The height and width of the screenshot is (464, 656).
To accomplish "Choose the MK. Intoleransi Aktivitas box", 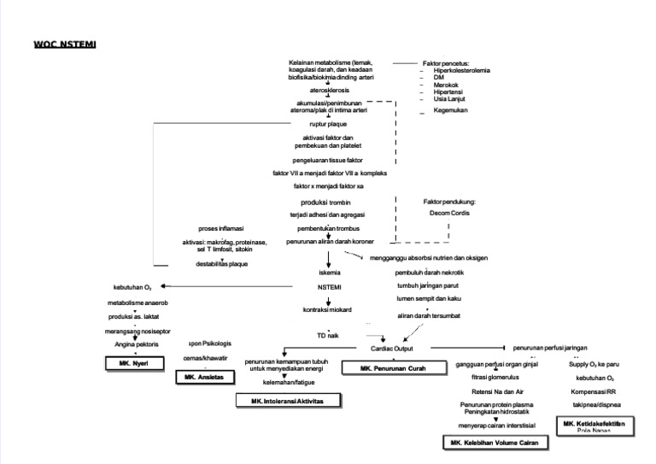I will tap(289, 400).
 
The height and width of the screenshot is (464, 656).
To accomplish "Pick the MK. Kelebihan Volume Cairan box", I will tap(495, 443).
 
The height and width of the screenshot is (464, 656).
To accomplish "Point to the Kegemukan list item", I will tap(450, 110).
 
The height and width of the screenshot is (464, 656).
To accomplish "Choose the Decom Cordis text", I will tap(449, 214).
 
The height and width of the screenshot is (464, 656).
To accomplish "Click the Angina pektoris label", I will tap(131, 344).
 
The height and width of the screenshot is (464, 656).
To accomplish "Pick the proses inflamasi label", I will tap(221, 229).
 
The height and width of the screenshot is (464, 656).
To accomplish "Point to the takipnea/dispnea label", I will tap(596, 404).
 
